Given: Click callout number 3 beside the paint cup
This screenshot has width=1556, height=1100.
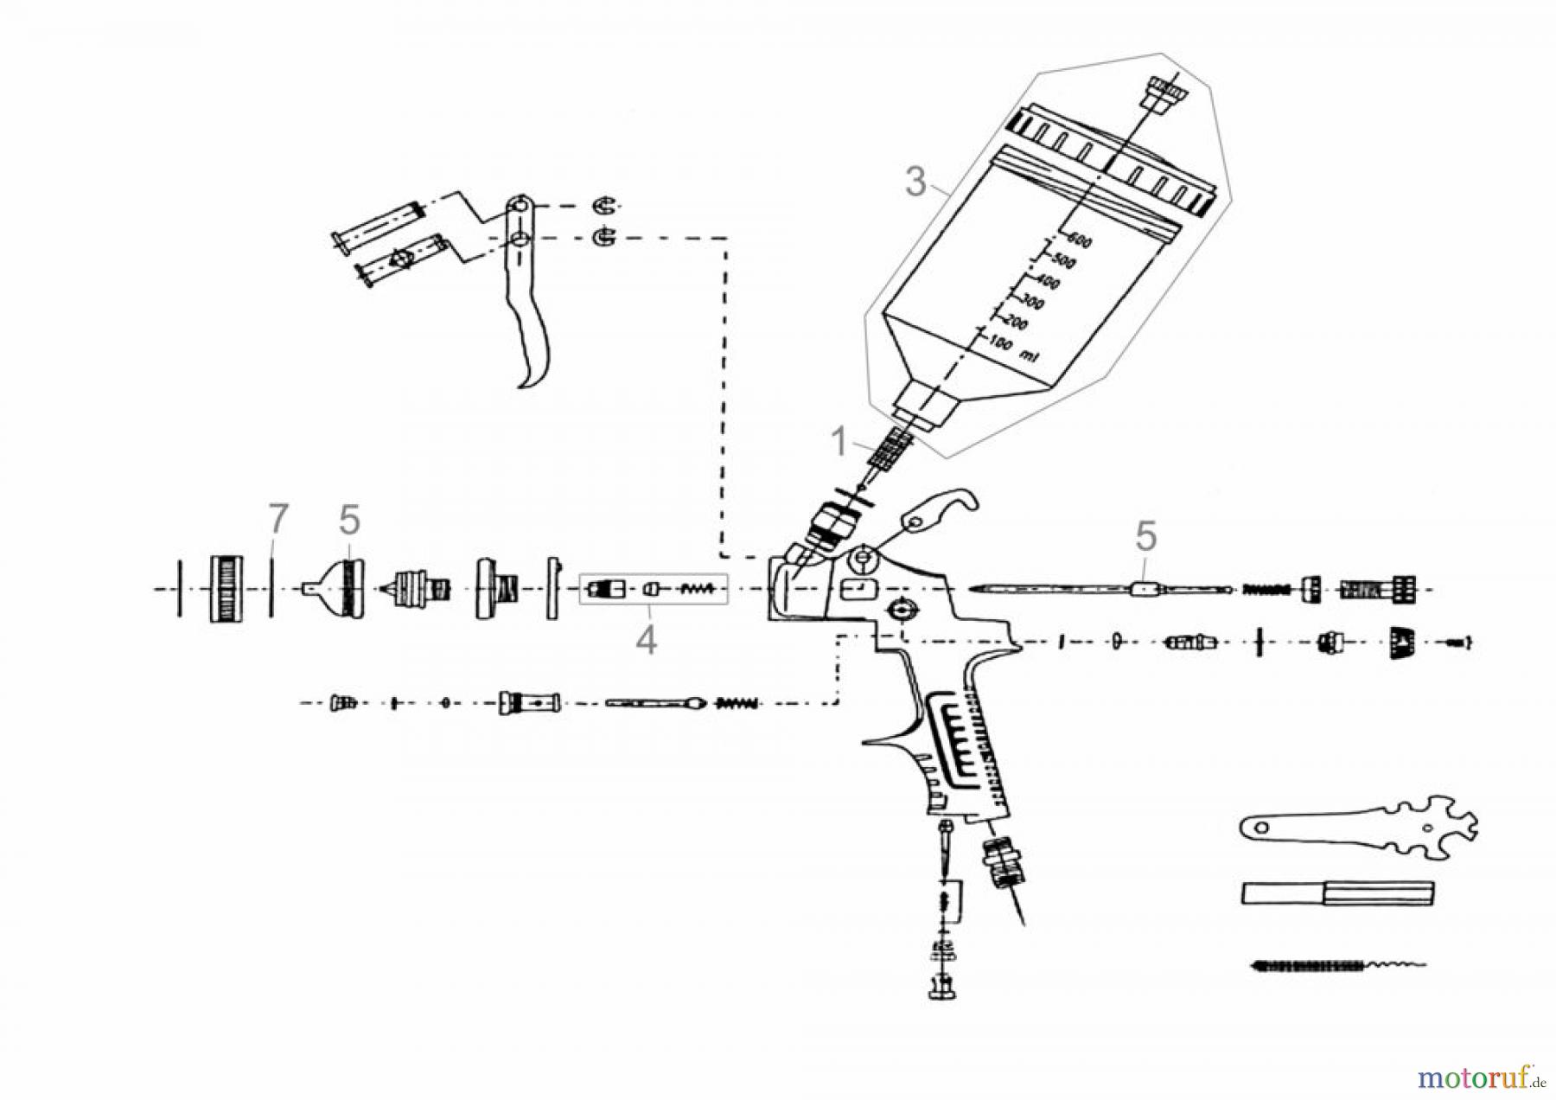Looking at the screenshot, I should tap(915, 182).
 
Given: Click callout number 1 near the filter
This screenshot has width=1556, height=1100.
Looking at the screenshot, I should tap(839, 442).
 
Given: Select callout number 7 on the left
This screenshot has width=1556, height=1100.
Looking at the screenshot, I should tap(277, 520).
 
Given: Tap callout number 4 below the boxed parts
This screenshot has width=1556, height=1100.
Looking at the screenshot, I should tap(646, 641).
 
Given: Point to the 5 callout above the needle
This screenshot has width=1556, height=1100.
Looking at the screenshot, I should tap(1145, 537).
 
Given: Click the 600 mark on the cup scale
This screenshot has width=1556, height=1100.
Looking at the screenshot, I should tap(1080, 240).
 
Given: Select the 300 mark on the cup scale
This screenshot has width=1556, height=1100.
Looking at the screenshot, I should tap(1031, 304).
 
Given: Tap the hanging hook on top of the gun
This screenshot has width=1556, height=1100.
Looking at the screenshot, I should tap(947, 509).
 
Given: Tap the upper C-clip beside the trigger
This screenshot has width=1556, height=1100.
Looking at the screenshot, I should tap(604, 206).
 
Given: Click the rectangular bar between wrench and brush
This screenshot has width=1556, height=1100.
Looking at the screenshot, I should tap(1336, 893).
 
